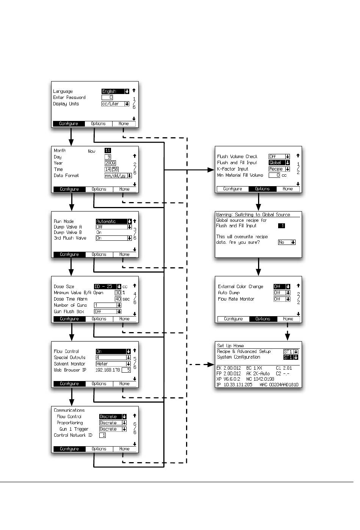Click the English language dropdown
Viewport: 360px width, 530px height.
(116, 91)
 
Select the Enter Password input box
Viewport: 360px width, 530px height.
(107, 97)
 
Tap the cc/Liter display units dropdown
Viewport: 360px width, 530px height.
(116, 104)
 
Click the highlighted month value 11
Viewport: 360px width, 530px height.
(108, 151)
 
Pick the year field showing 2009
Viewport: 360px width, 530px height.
(110, 163)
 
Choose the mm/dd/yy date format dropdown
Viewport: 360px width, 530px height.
(118, 176)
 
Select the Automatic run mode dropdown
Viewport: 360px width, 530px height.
(114, 221)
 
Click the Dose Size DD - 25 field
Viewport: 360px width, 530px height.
(108, 287)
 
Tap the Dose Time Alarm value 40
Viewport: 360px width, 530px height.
(118, 299)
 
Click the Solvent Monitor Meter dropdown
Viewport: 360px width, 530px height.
(113, 364)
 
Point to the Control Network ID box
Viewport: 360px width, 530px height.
(102, 435)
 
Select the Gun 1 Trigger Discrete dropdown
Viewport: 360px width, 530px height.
(113, 429)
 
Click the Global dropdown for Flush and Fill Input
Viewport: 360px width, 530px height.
(279, 163)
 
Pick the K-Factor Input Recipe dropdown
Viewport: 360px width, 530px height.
(279, 169)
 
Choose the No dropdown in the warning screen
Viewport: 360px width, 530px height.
(287, 242)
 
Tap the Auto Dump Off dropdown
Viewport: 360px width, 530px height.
(282, 293)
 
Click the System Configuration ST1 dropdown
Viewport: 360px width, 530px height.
(291, 357)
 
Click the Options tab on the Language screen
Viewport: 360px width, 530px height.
(99, 124)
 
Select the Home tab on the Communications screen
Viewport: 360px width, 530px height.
(124, 449)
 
